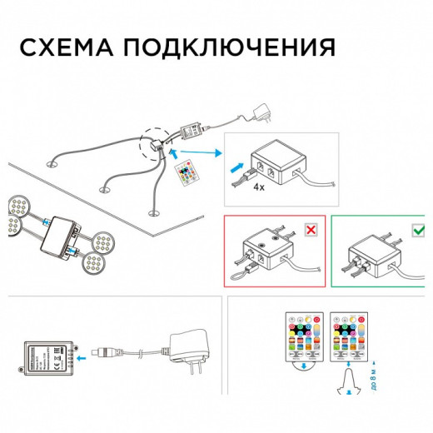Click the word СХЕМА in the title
pyautogui.click(x=69, y=47)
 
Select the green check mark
pyautogui.click(x=414, y=228)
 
